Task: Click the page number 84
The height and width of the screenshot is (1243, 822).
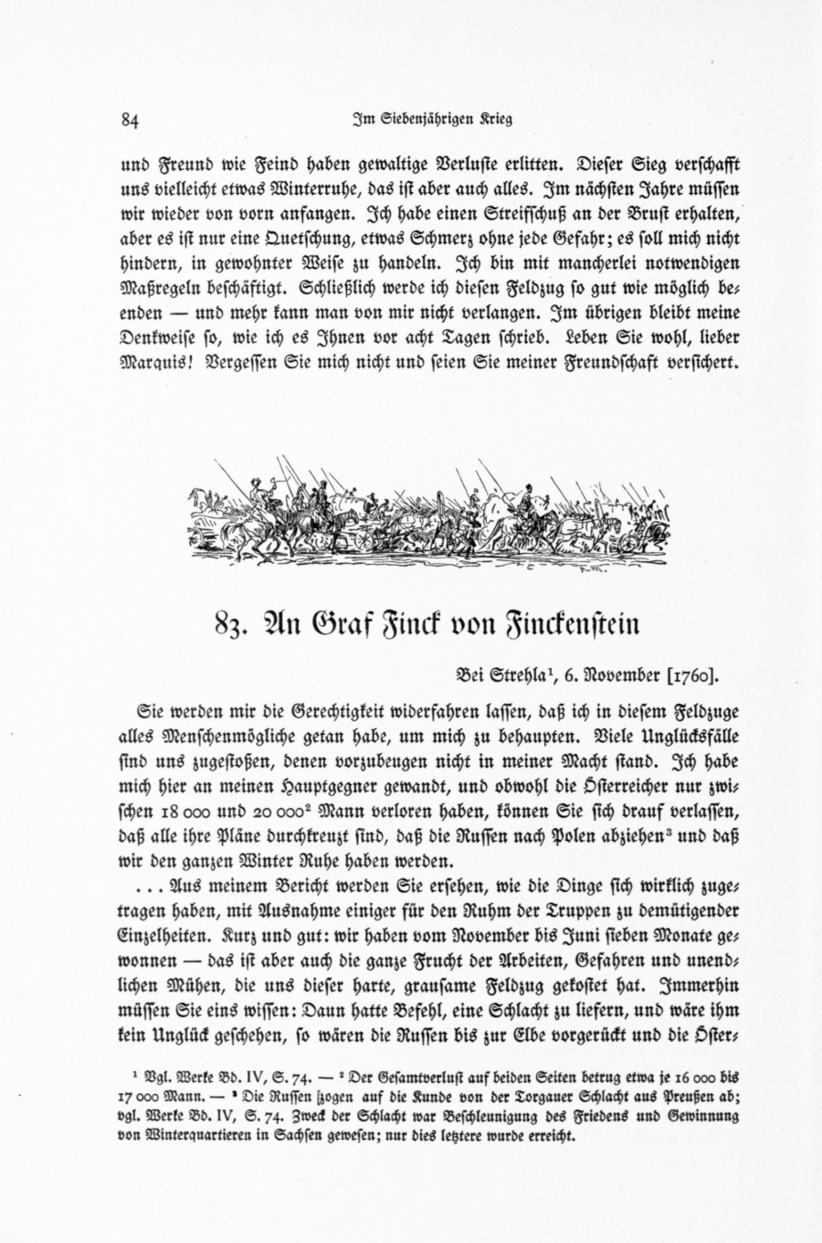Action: point(129,120)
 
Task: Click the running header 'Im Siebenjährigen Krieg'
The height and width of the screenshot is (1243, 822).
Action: point(432,119)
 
